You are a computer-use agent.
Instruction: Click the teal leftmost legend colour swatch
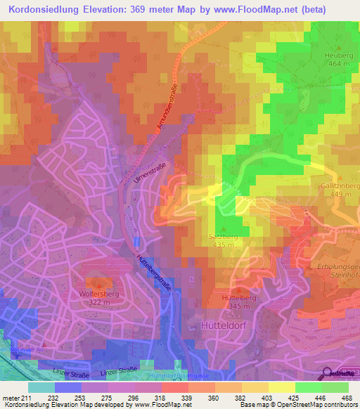(x=41, y=387)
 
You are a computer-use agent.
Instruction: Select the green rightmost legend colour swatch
(x=335, y=387)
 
